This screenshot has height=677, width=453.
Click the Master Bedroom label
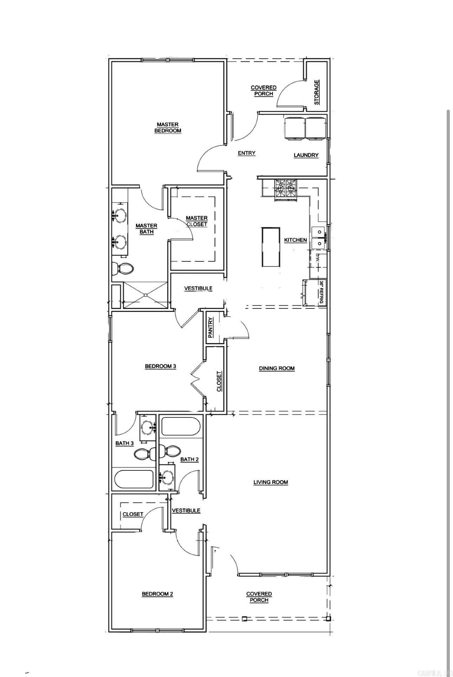point(168,128)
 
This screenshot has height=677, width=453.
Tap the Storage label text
point(316,92)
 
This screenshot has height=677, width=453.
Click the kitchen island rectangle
point(271,247)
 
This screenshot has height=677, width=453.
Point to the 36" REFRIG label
point(321,292)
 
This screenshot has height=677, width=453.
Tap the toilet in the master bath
point(122,269)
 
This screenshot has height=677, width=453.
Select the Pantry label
point(210,327)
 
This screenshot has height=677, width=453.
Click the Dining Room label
point(277,368)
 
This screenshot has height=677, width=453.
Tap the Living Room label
point(271,482)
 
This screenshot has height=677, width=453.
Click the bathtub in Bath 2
point(180,427)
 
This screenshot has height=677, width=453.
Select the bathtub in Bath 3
point(134,480)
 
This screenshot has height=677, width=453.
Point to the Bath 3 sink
point(147,428)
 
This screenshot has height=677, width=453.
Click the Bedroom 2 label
point(157,594)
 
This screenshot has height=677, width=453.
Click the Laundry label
point(306,155)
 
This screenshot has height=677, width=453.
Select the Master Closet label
point(197,221)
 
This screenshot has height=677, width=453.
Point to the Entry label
point(246,153)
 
